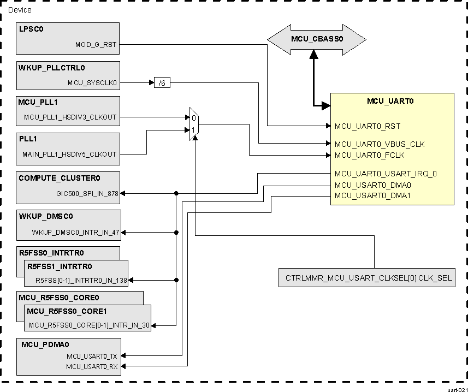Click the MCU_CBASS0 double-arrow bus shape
pyautogui.click(x=316, y=39)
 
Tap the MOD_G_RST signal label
pyautogui.click(x=96, y=45)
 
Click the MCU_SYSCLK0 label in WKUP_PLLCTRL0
pyautogui.click(x=92, y=83)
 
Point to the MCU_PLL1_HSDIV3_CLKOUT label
pyautogui.click(x=70, y=117)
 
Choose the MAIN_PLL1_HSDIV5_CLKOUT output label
pyautogui.click(x=69, y=154)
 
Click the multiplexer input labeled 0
pyautogui.click(x=193, y=117)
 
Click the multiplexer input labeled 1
pyautogui.click(x=193, y=130)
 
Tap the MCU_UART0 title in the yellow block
pyautogui.click(x=392, y=101)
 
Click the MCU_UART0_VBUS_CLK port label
pyautogui.click(x=380, y=144)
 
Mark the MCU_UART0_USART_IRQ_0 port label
pyautogui.click(x=386, y=174)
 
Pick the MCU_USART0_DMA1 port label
pyautogui.click(x=372, y=195)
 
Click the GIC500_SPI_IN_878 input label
pyautogui.click(x=87, y=193)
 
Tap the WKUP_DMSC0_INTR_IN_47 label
pyautogui.click(x=75, y=232)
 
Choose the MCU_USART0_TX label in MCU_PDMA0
pyautogui.click(x=92, y=356)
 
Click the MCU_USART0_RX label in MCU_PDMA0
pyautogui.click(x=92, y=366)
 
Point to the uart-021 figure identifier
pyautogui.click(x=457, y=389)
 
